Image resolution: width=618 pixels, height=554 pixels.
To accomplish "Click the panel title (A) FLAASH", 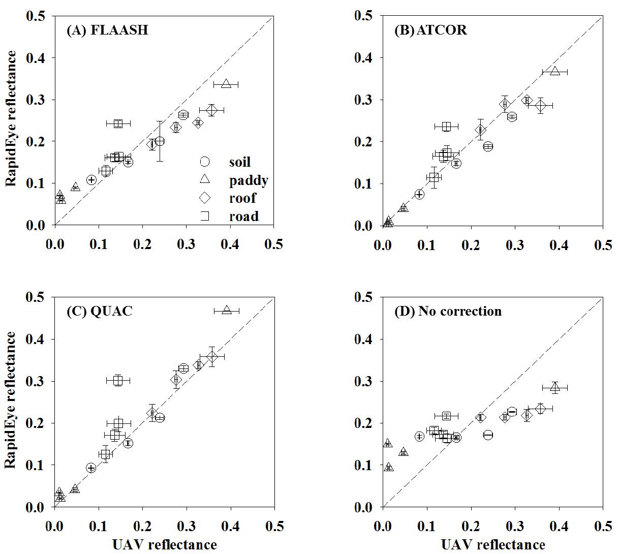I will click(107, 30).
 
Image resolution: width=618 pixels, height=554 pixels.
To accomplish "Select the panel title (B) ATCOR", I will click(431, 30).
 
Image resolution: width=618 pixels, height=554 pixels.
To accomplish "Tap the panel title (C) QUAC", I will click(100, 311).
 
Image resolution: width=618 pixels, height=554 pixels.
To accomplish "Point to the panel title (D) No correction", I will click(448, 311).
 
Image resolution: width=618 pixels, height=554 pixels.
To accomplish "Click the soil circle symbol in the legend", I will click(204, 162).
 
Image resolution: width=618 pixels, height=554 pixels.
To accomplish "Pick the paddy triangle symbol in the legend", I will click(204, 179).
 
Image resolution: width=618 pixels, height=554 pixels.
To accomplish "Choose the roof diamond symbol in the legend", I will click(204, 198).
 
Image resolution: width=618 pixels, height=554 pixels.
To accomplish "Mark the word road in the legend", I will click(243, 216).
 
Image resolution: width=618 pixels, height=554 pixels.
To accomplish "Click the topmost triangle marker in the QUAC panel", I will click(227, 310).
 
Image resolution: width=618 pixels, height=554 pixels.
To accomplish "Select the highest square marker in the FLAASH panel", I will click(118, 123).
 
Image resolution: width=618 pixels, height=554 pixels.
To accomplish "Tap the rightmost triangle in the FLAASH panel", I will click(226, 84).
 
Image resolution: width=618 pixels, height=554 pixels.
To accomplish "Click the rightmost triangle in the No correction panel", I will click(555, 388).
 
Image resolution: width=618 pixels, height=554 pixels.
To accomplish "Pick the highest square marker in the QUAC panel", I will click(118, 380).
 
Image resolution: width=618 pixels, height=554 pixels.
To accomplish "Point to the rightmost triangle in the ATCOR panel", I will click(555, 71).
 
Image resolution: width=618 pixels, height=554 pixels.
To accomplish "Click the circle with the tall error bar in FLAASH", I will click(160, 141).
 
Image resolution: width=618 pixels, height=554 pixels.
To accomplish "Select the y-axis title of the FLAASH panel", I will click(11, 118).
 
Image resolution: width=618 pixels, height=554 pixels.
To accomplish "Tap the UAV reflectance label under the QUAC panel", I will click(164, 545).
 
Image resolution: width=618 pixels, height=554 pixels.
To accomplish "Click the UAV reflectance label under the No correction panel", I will click(492, 545).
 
